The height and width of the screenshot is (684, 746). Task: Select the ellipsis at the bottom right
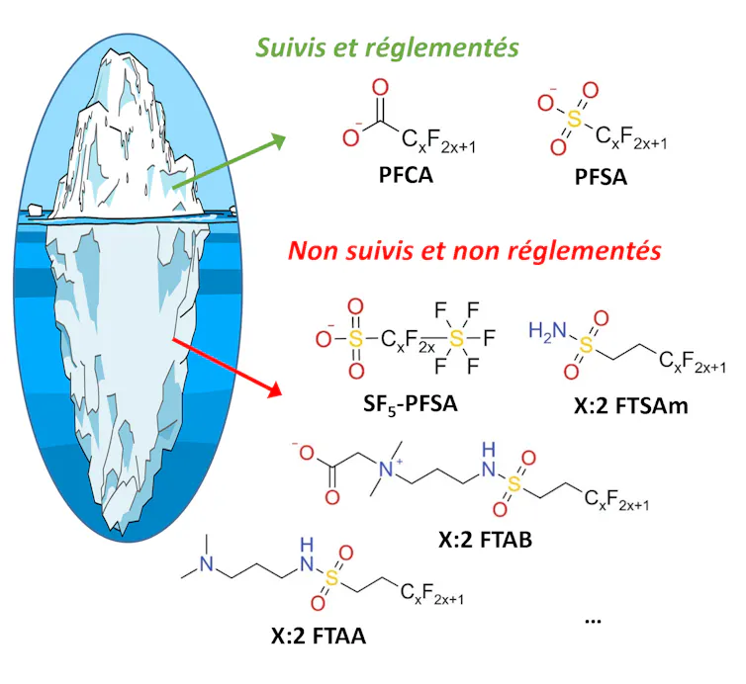coord(593,618)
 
